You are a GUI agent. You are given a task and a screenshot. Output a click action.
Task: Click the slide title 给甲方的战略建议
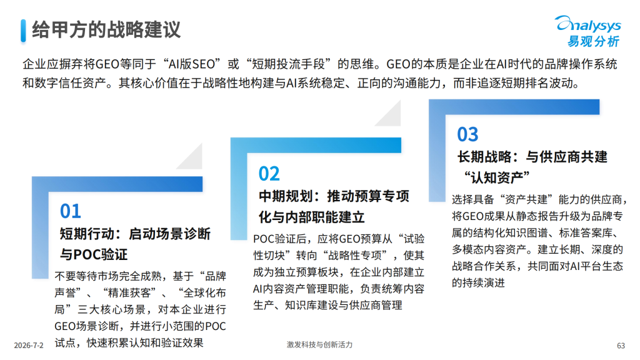coord(106,30)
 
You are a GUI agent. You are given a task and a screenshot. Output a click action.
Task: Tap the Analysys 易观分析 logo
coord(588,31)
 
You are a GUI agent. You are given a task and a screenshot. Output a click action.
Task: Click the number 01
coord(71,211)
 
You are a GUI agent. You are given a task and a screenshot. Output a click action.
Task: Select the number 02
coord(269,174)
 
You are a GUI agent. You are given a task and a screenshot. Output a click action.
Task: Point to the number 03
coord(467,134)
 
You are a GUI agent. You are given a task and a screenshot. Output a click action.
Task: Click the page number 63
coord(621,346)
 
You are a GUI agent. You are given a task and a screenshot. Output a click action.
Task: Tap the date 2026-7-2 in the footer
coord(29,346)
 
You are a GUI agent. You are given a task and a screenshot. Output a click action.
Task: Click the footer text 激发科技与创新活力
coord(319,345)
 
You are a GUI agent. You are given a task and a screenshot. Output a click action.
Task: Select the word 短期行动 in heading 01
coord(87,234)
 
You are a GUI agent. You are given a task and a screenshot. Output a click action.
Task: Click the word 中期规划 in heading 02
coord(286,196)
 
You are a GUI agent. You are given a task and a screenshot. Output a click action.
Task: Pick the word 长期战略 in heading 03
coord(484,157)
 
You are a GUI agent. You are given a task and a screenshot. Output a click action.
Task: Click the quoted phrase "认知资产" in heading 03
coord(497,177)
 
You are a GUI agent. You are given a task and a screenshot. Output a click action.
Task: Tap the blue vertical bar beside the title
coord(23,31)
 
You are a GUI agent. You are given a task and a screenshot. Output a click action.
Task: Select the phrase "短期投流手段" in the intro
coord(289,64)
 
